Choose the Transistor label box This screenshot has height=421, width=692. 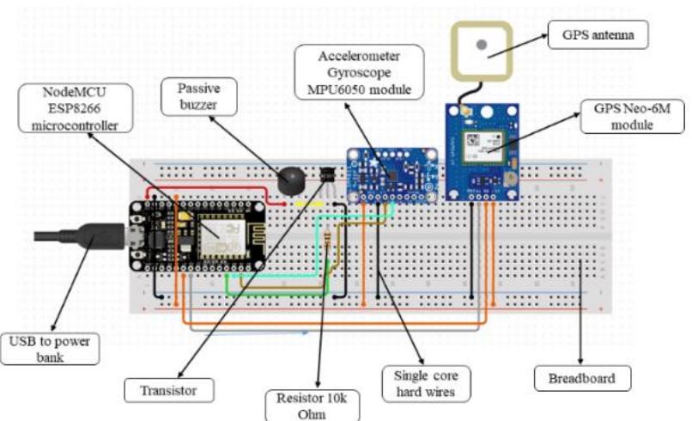tap(169, 391)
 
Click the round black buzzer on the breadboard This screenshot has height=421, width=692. tap(289, 179)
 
